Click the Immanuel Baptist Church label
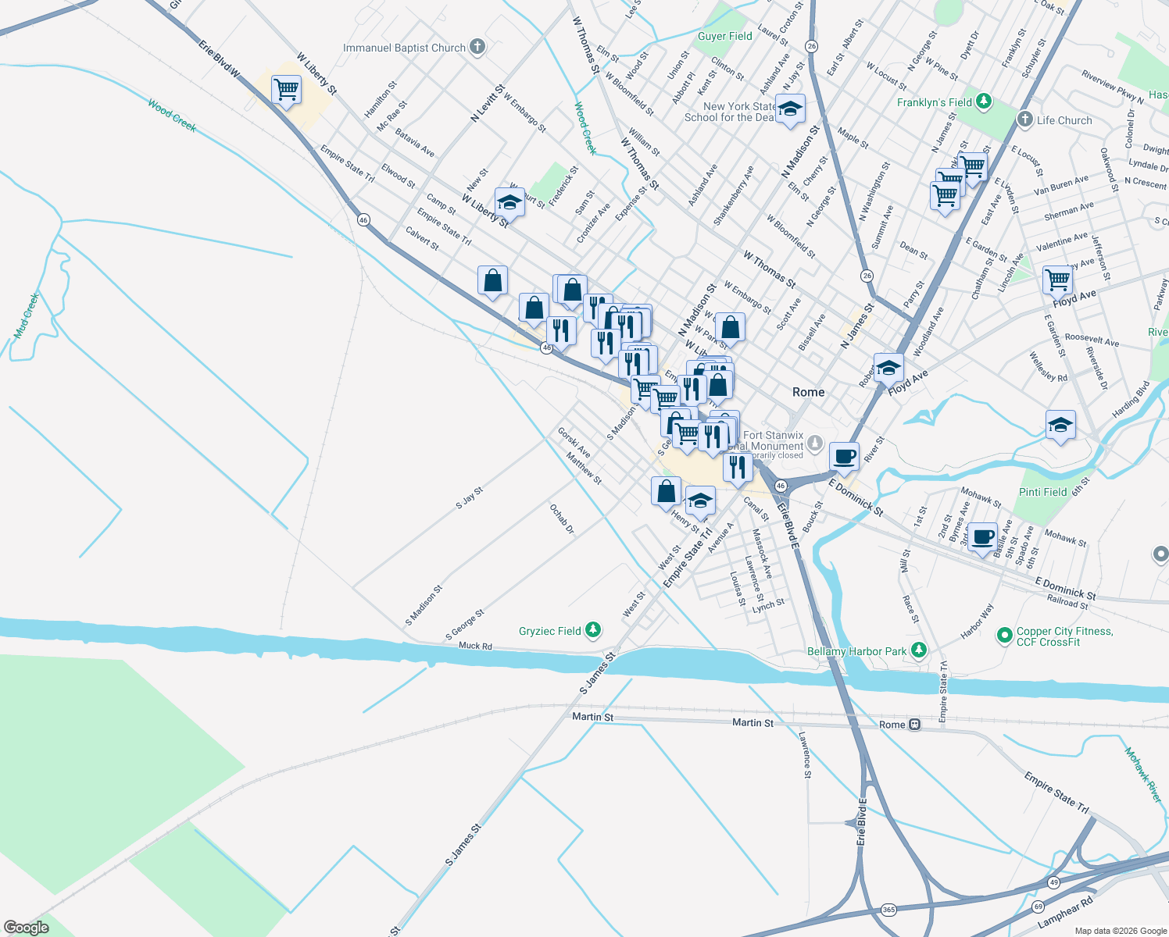[x=404, y=48]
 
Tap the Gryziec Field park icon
[x=593, y=630]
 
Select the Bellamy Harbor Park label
[x=856, y=651]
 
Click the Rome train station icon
[x=914, y=725]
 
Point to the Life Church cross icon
[x=1025, y=119]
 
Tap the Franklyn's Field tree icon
[x=984, y=102]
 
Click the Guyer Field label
[x=724, y=36]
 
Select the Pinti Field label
[x=1042, y=492]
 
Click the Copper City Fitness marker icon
[x=1004, y=636]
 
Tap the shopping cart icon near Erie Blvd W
[x=287, y=90]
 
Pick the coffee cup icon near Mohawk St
[x=983, y=537]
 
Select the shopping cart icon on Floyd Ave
[x=1057, y=279]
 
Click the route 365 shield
[x=888, y=910]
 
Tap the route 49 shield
[x=1054, y=882]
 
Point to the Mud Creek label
[x=26, y=316]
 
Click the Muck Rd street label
[x=475, y=646]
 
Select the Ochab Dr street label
[x=561, y=519]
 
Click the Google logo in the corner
[x=27, y=928]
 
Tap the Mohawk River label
[x=1142, y=775]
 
